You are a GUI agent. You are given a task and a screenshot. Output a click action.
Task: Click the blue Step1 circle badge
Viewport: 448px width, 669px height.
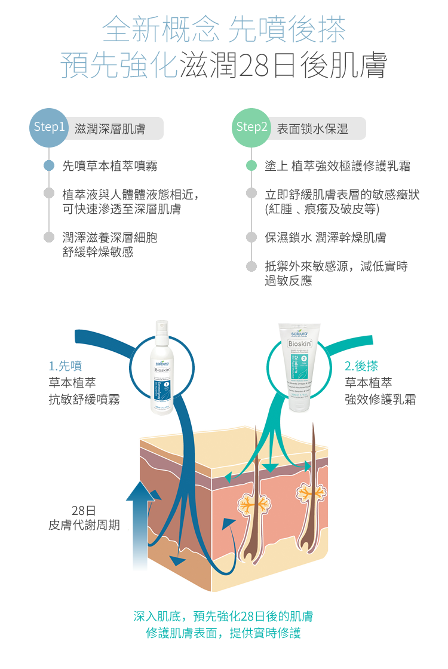coord(49,127)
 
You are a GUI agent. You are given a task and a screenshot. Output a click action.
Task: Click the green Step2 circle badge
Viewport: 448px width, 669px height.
coord(251,127)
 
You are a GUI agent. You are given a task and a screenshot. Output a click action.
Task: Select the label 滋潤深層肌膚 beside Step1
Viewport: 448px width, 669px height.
coord(111,129)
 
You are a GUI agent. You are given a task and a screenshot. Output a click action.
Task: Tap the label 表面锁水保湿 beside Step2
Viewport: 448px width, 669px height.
coord(312,129)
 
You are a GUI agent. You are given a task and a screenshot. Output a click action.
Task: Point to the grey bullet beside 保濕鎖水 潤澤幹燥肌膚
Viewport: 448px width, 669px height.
coord(251,237)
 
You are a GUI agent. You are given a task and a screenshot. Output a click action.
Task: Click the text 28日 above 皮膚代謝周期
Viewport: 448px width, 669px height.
coord(84,511)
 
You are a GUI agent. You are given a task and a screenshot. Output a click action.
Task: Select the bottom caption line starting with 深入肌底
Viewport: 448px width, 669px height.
coord(224,616)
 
